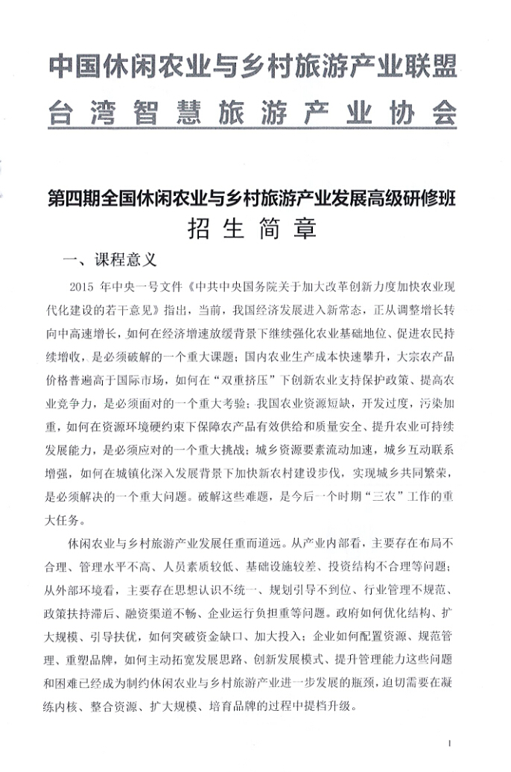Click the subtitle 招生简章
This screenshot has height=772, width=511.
click(x=253, y=227)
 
